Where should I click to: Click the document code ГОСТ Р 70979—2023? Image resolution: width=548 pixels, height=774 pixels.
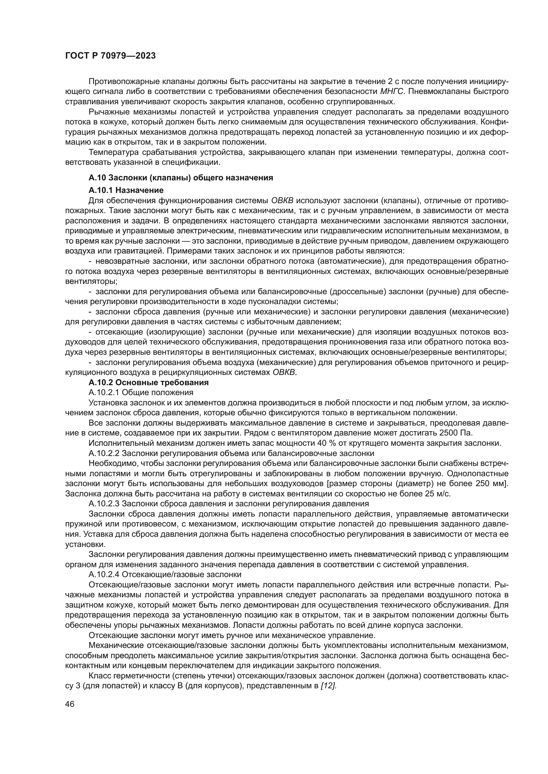click(x=110, y=56)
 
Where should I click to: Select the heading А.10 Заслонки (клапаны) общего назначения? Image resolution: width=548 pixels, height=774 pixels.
click(x=181, y=178)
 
